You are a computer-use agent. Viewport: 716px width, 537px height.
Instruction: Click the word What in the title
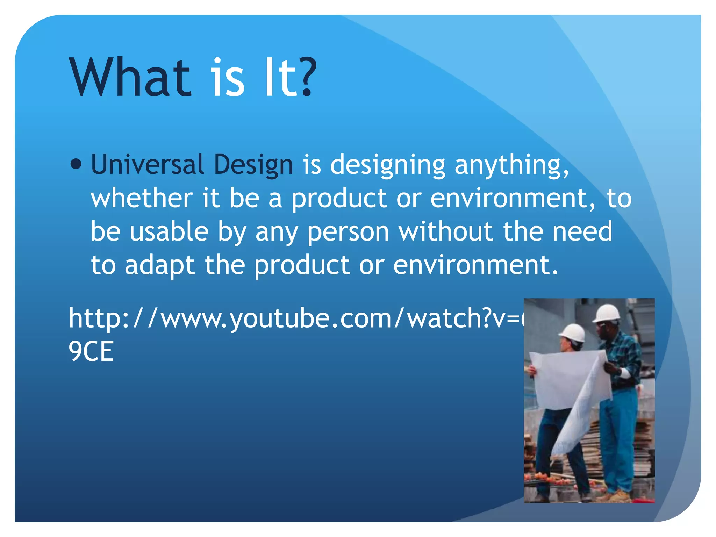point(131,78)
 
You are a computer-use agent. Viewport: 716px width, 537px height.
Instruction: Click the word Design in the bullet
point(253,165)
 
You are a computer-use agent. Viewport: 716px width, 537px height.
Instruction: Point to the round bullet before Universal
point(76,164)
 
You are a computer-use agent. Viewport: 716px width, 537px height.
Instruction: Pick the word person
point(348,232)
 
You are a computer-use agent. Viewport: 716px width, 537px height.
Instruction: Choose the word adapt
point(159,266)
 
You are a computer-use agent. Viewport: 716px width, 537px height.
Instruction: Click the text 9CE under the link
point(91,351)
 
